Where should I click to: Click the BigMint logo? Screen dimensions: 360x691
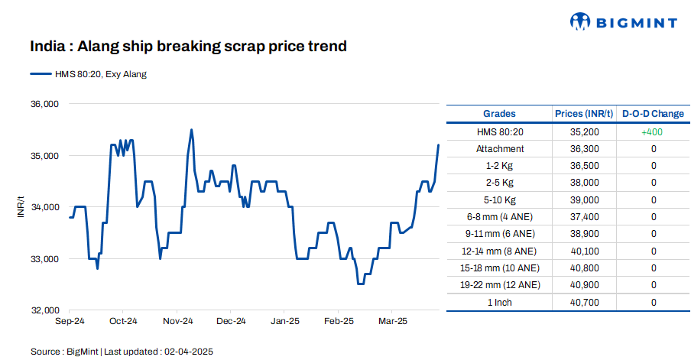tap(624, 22)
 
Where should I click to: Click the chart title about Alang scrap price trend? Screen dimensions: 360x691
tap(188, 47)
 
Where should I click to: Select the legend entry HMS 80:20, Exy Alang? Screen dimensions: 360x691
tap(89, 74)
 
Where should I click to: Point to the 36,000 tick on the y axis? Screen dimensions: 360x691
tap(44, 104)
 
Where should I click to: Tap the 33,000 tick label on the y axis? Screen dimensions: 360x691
tap(44, 259)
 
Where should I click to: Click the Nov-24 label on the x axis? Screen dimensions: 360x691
tap(177, 321)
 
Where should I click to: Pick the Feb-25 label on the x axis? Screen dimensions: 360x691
tap(339, 321)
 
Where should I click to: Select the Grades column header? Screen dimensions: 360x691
tap(499, 114)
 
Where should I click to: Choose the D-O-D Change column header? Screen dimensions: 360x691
tap(653, 114)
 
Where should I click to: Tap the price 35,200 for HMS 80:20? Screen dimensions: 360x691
tap(585, 131)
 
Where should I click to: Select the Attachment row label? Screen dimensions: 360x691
tap(500, 148)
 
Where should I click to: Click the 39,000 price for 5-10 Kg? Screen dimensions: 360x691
tap(585, 199)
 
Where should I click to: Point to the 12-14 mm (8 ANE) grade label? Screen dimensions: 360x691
tap(500, 251)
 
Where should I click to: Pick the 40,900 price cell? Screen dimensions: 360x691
tap(585, 285)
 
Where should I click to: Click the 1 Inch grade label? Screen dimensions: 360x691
tap(500, 303)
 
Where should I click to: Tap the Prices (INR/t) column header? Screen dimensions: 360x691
tap(584, 114)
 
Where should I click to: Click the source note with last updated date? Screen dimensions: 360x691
tap(122, 352)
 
